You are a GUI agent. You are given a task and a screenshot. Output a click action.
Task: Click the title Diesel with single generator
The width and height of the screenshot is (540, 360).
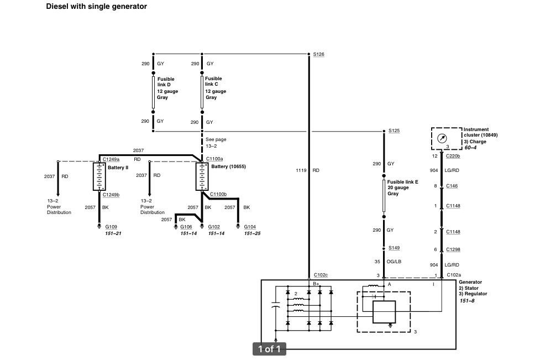click(96, 6)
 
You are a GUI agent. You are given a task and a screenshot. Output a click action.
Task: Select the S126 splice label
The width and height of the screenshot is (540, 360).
click(318, 54)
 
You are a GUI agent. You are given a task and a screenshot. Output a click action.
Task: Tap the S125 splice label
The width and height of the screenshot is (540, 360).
click(394, 131)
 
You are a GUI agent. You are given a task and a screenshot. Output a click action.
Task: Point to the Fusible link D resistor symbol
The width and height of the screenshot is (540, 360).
click(153, 92)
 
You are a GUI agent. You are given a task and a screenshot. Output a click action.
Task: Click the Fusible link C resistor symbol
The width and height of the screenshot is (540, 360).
click(202, 92)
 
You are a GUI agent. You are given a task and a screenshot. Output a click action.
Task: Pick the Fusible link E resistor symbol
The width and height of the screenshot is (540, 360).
click(384, 196)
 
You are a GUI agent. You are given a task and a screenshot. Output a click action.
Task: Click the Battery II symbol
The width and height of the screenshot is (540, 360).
click(99, 176)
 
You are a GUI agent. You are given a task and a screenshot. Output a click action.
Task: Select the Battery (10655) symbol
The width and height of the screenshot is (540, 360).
click(202, 176)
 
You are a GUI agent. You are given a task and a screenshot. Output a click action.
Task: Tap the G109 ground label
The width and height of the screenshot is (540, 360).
click(111, 227)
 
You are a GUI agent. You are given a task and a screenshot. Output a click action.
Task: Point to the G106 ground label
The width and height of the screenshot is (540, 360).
click(186, 227)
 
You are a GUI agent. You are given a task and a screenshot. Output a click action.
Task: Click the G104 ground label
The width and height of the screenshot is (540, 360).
click(250, 227)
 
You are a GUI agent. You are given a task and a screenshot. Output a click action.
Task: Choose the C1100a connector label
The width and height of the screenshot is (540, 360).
click(214, 159)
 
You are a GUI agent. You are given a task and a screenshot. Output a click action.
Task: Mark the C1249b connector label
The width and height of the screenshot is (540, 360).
click(111, 195)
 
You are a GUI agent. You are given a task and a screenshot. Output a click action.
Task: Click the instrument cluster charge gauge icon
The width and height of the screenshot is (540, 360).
click(442, 138)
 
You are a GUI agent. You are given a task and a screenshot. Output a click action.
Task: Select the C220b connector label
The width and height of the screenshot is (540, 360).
click(453, 156)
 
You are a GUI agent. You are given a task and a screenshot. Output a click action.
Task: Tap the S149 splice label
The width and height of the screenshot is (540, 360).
click(394, 248)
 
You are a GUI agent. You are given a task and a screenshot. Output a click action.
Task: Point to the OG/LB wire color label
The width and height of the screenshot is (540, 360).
click(394, 262)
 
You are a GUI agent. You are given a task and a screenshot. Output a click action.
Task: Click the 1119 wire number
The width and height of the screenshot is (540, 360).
click(301, 170)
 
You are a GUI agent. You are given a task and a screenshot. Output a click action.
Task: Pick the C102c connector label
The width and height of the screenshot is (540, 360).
click(321, 275)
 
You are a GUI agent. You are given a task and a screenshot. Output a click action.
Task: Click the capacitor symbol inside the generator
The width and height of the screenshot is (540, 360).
click(275, 305)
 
